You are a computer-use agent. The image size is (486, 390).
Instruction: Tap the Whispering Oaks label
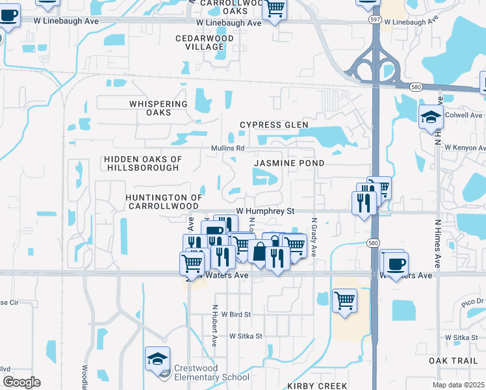click(x=159, y=108)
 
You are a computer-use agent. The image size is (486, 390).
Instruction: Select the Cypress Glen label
click(x=274, y=125)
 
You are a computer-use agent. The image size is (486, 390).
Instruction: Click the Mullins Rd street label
click(x=227, y=148)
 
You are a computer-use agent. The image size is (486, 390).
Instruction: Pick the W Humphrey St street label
click(x=265, y=211)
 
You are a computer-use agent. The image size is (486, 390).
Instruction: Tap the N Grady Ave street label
click(x=313, y=237)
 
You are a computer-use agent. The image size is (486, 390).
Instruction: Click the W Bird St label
click(x=236, y=314)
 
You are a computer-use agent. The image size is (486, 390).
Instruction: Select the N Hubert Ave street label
click(x=214, y=324)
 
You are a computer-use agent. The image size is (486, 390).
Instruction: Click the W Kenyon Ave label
click(x=464, y=148)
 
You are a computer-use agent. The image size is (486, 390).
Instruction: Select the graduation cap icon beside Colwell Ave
click(x=429, y=117)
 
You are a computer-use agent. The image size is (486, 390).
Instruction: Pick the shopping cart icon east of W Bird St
click(x=344, y=300)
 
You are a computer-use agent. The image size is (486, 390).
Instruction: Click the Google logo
click(x=21, y=382)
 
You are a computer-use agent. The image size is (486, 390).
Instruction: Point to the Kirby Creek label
click(x=317, y=385)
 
